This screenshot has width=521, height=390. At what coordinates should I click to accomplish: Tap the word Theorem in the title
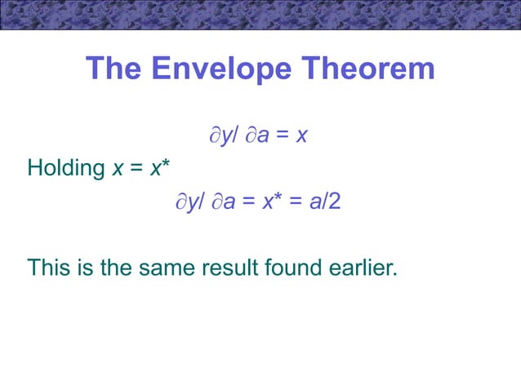point(372,69)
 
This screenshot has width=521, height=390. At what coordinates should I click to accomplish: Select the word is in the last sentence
point(82,267)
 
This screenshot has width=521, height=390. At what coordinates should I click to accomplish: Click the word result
point(223,267)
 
